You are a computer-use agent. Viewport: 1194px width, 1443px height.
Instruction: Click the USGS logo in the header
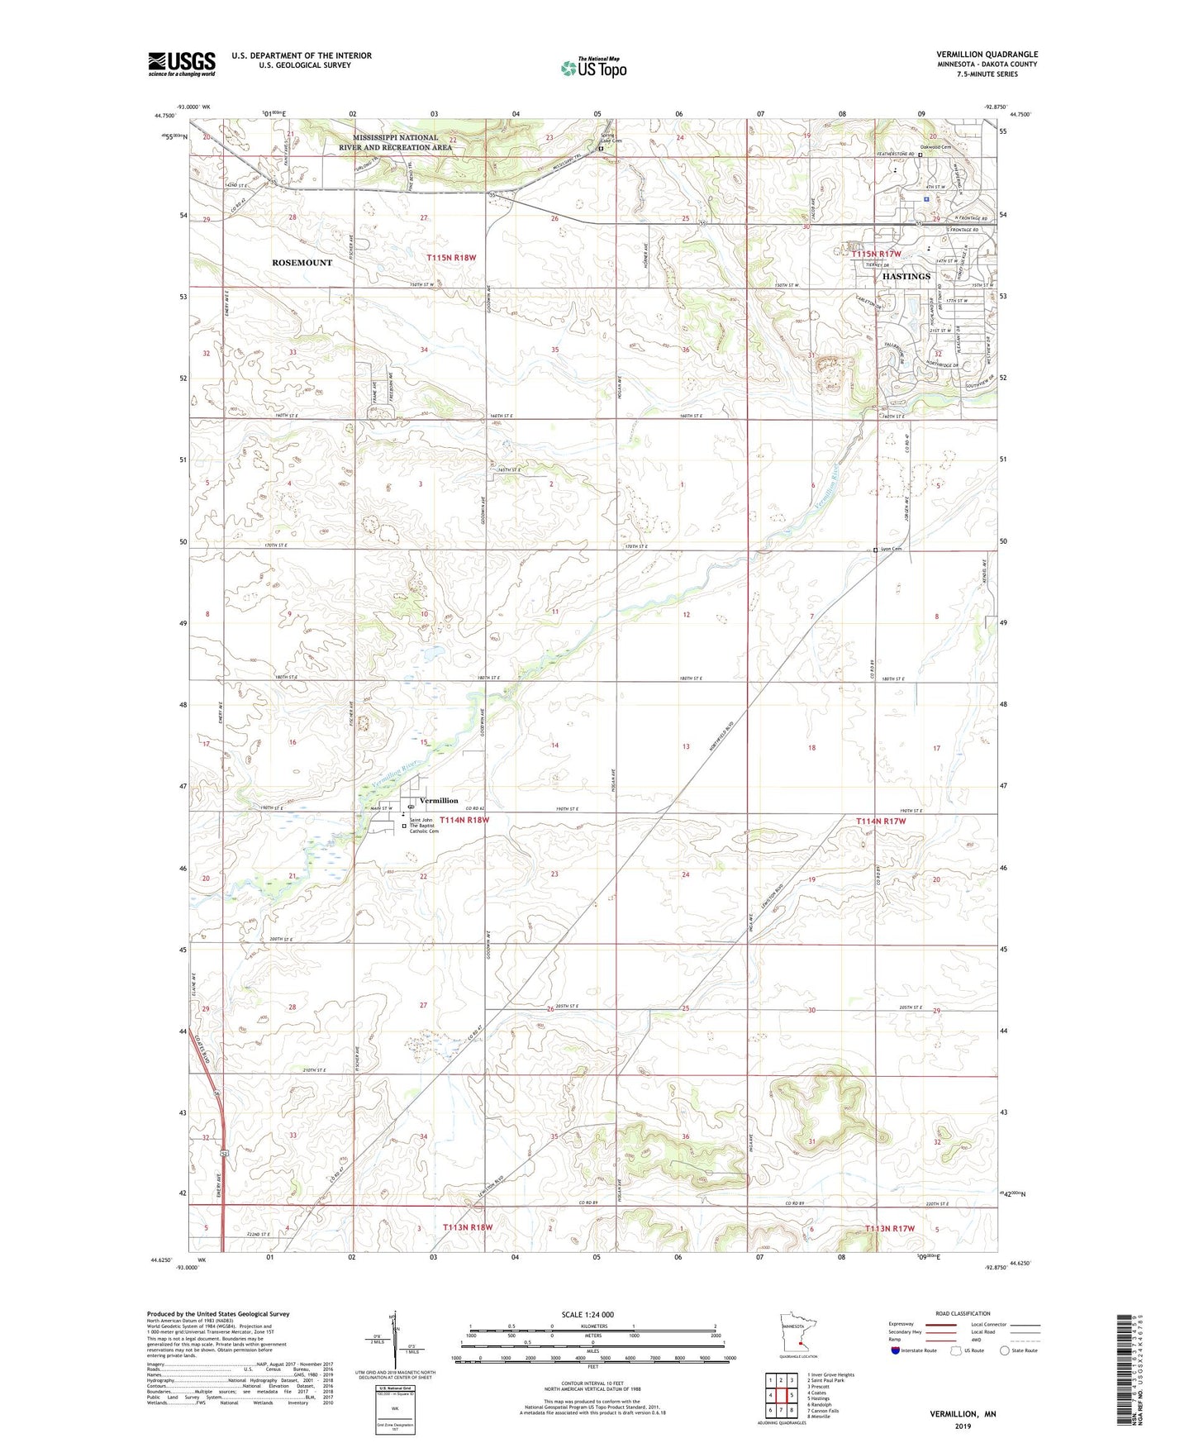pyautogui.click(x=182, y=64)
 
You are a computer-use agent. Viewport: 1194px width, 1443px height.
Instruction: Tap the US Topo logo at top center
pyautogui.click(x=593, y=68)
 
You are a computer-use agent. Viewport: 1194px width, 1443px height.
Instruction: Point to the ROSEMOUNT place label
pyautogui.click(x=302, y=262)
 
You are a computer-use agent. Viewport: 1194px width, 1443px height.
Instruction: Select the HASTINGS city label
pyautogui.click(x=906, y=276)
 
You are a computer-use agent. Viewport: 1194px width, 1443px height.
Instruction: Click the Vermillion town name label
pyautogui.click(x=438, y=800)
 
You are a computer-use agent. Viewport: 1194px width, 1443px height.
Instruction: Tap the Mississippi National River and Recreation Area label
pyautogui.click(x=395, y=142)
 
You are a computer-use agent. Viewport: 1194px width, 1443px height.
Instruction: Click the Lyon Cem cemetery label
pyautogui.click(x=891, y=549)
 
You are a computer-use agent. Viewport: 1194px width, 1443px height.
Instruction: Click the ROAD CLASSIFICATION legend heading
pyautogui.click(x=963, y=1313)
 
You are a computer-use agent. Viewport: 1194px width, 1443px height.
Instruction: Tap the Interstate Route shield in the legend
pyautogui.click(x=898, y=1350)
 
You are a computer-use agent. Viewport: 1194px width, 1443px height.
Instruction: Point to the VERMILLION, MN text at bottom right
pyautogui.click(x=963, y=1414)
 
